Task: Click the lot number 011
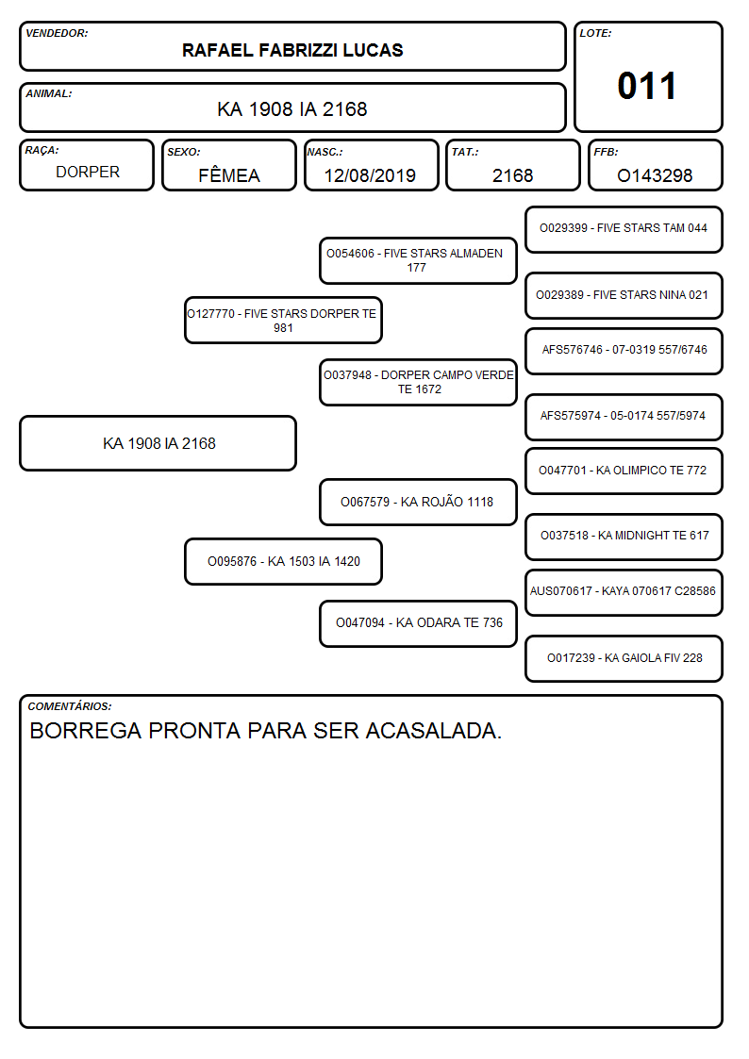(646, 87)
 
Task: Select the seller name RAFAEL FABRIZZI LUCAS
(292, 50)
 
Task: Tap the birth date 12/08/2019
(370, 175)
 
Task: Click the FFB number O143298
(655, 175)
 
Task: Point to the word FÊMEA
(229, 174)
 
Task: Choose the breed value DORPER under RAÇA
(88, 173)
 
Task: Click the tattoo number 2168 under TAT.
(512, 175)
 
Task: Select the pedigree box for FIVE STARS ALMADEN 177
(418, 260)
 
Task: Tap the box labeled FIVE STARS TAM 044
(624, 229)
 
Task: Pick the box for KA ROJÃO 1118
(418, 502)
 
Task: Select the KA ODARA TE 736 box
(418, 623)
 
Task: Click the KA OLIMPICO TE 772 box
(624, 471)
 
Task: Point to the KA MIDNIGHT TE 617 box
(624, 537)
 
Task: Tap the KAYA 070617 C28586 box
(624, 591)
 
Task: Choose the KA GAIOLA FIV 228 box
(624, 658)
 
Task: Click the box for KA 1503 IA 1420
(283, 561)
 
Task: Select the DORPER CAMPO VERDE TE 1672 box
(418, 382)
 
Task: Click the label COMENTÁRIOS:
(70, 706)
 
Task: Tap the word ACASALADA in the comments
(434, 731)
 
